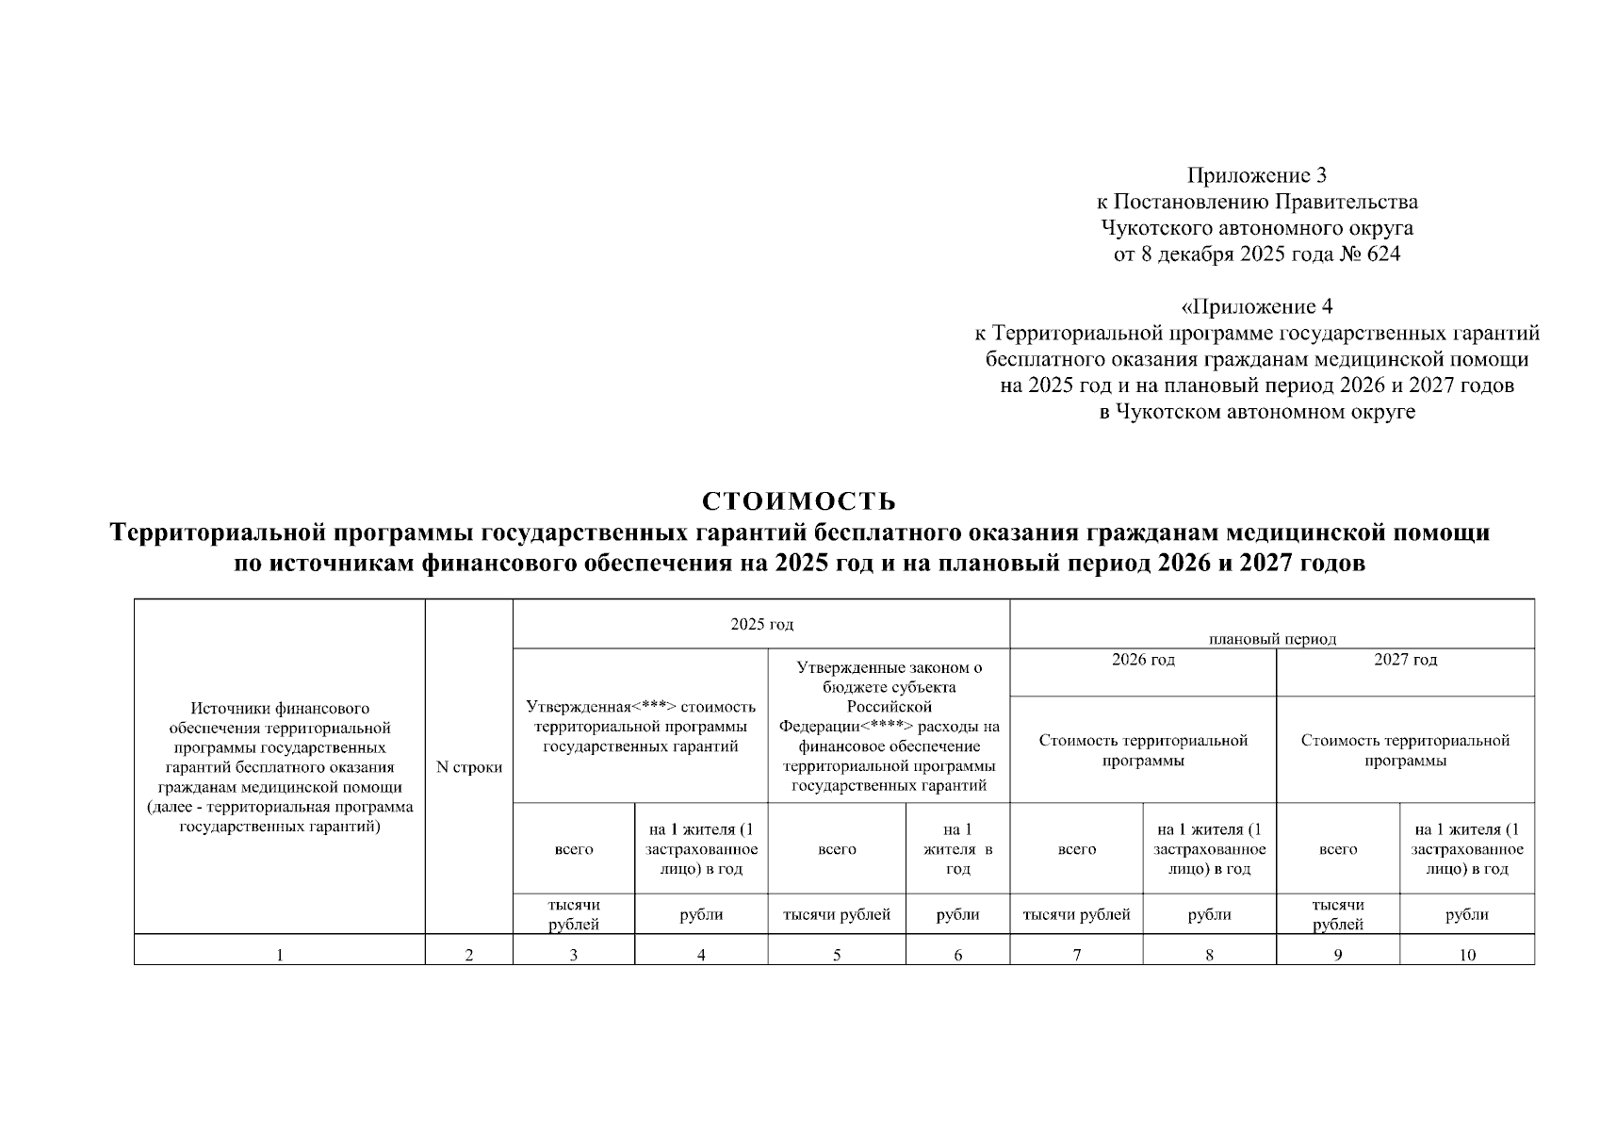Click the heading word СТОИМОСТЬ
[x=798, y=500]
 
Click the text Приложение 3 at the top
[x=1256, y=175]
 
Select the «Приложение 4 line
[x=1256, y=307]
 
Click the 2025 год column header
[x=761, y=624]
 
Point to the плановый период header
[x=1272, y=638]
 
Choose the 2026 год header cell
[x=1142, y=660]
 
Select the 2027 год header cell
[x=1405, y=660]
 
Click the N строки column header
[x=469, y=767]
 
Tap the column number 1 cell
[x=279, y=955]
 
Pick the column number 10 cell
[x=1467, y=955]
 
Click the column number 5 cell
[x=837, y=955]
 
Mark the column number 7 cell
[x=1076, y=955]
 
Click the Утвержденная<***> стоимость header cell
[x=641, y=726]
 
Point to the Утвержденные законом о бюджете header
[x=889, y=726]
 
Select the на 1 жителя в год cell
[x=957, y=848]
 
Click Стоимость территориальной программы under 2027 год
[x=1405, y=750]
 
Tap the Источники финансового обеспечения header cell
[x=280, y=767]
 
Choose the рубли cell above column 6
[x=957, y=914]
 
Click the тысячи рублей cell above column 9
[x=1338, y=914]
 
